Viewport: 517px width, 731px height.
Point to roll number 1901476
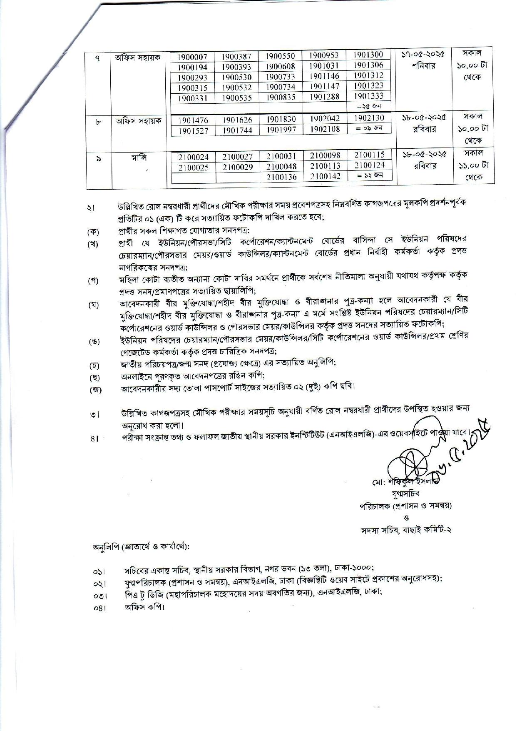[x=193, y=120]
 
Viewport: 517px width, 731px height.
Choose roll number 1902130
[x=369, y=118]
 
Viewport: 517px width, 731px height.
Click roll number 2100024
[x=193, y=157]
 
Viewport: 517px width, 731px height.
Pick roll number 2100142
[x=325, y=176]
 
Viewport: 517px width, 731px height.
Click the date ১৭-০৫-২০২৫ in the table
[x=423, y=54]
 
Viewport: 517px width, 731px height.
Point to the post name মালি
[x=138, y=158]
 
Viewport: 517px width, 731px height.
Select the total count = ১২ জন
[x=369, y=175]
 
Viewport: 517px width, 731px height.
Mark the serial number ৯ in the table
[x=98, y=159]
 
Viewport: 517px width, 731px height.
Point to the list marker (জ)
[x=94, y=390]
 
